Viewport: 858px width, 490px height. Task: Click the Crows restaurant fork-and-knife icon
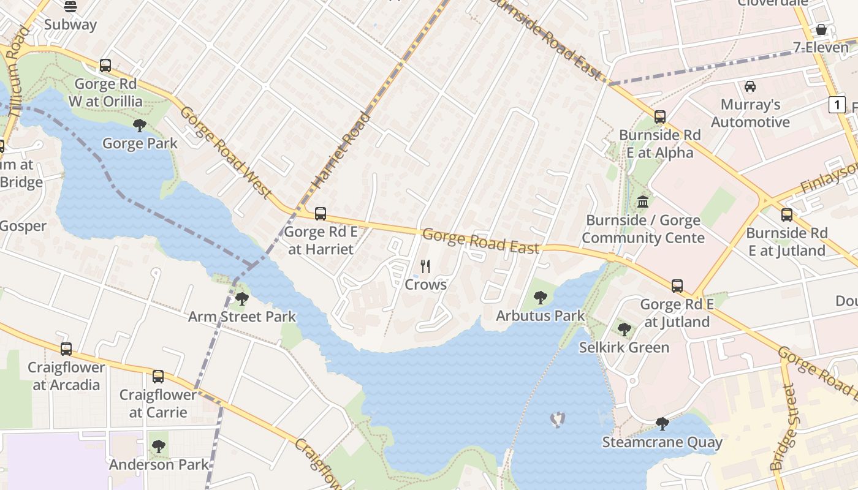click(x=425, y=266)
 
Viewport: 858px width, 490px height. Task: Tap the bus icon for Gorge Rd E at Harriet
click(x=320, y=214)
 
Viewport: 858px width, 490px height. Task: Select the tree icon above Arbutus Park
click(x=540, y=298)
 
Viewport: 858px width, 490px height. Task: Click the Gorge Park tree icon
click(x=140, y=126)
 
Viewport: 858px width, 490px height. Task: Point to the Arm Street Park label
click(x=241, y=317)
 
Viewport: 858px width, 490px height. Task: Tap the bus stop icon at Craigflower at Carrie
click(x=158, y=377)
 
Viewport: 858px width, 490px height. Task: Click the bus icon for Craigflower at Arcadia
click(x=66, y=349)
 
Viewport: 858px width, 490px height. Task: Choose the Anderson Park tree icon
click(x=159, y=447)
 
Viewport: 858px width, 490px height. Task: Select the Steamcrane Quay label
click(x=662, y=442)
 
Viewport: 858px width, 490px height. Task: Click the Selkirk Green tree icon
click(x=624, y=330)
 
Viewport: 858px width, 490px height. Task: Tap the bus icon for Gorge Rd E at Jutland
click(x=677, y=286)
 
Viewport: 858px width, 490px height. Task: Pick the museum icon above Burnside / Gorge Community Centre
click(x=643, y=202)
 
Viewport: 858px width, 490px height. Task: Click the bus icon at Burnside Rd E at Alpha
click(x=660, y=117)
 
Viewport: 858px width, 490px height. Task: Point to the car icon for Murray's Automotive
click(x=750, y=86)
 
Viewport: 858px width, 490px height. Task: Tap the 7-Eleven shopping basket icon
click(x=821, y=29)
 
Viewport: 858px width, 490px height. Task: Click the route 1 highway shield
click(x=837, y=105)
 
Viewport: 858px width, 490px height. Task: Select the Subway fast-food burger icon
click(x=70, y=7)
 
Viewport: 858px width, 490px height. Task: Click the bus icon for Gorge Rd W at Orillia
click(x=105, y=66)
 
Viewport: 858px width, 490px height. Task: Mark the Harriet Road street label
click(x=342, y=149)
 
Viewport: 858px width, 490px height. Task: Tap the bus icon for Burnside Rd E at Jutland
click(x=787, y=215)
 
